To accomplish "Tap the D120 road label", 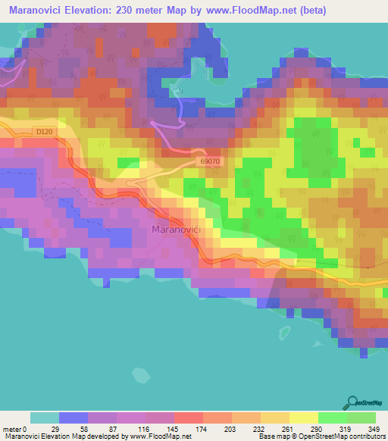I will tap(45, 132).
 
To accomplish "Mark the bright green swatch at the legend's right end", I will tap(361, 418).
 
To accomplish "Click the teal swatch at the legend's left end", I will tap(45, 418).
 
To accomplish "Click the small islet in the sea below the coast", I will tap(141, 374).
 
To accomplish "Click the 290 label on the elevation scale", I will tap(317, 430).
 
